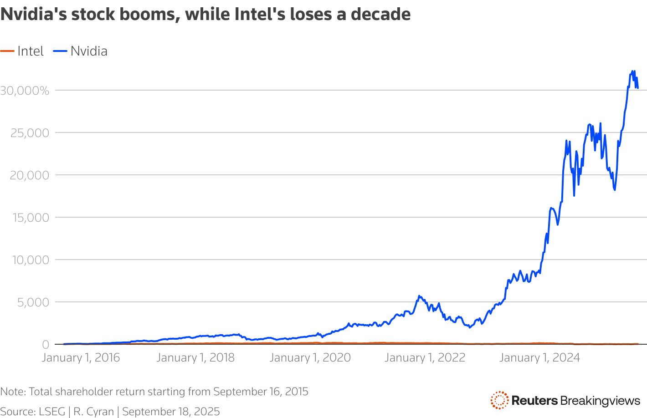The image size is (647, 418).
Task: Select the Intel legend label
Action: click(31, 51)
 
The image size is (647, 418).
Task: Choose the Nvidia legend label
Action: click(89, 51)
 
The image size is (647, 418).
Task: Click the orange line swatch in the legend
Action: click(7, 51)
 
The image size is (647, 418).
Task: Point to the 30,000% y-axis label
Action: click(25, 91)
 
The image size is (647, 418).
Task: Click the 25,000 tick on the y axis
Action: click(29, 133)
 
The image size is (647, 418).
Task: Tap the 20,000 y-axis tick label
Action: click(29, 175)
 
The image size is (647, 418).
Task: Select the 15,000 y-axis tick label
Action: click(29, 218)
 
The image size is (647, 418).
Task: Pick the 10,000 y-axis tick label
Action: click(29, 260)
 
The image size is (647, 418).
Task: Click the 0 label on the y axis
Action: click(45, 345)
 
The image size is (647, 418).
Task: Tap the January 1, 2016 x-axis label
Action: click(81, 358)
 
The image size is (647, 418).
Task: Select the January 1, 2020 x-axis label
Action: click(310, 358)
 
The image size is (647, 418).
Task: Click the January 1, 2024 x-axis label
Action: click(539, 358)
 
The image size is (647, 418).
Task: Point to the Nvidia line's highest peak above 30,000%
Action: click(632, 71)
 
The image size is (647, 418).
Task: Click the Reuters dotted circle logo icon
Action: click(499, 400)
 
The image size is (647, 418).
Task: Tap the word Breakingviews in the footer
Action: click(600, 401)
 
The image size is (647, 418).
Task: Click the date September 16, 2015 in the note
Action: click(261, 392)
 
